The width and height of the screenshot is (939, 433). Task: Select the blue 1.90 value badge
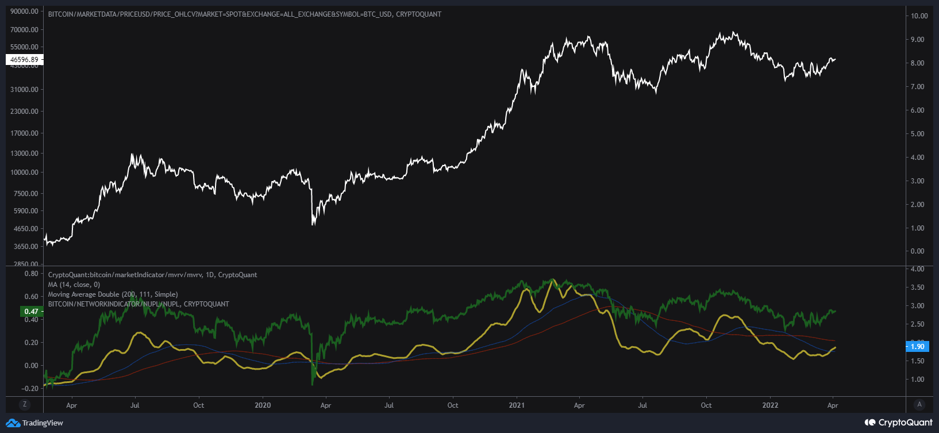(917, 346)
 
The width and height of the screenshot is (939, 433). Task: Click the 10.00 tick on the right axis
(919, 16)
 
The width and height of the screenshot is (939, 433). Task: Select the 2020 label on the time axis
(262, 405)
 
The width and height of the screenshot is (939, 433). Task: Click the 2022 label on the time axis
(770, 405)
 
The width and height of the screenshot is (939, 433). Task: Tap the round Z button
(25, 404)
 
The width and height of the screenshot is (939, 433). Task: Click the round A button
(919, 404)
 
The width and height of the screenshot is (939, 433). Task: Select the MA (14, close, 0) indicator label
(74, 285)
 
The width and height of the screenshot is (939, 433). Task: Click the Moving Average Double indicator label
(113, 294)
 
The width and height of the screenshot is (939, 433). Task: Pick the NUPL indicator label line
(138, 304)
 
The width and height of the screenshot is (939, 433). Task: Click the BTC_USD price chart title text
(245, 14)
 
